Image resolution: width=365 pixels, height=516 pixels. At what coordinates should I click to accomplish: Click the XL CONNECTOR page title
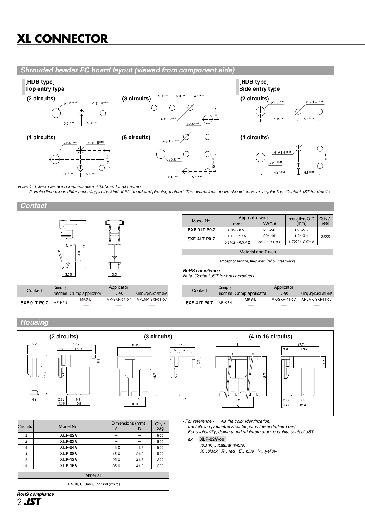coord(62,39)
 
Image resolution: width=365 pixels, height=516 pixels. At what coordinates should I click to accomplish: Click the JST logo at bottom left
coord(32,502)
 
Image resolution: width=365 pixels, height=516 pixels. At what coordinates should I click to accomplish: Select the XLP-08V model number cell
coord(69,454)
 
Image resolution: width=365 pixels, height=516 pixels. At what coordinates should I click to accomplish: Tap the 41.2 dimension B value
coord(140,466)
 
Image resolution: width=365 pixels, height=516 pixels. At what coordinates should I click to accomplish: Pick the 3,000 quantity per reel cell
coord(325,236)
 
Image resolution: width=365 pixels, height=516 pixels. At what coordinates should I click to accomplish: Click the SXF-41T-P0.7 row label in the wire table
coord(201,239)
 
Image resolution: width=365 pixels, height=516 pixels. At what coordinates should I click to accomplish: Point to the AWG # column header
coord(269,224)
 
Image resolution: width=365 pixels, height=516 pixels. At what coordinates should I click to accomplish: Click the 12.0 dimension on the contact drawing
coord(84,244)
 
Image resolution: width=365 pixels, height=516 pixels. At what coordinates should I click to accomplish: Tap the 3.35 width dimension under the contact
coord(68,274)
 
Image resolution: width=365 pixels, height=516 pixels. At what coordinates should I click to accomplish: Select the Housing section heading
coord(34,322)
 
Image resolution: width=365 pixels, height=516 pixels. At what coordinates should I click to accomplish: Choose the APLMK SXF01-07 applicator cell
coord(152,300)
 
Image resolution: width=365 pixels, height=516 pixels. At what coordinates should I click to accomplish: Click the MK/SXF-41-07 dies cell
coord(283,300)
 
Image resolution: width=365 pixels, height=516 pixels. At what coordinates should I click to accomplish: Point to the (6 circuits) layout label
coord(136,138)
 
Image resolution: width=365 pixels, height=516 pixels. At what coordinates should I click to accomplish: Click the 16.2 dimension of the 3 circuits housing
coord(135,345)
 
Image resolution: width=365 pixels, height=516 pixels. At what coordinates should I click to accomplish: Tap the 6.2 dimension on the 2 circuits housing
coord(34,344)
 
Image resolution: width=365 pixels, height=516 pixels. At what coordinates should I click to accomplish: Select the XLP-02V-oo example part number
coord(212,439)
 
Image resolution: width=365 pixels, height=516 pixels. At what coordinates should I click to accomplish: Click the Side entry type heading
coord(259,89)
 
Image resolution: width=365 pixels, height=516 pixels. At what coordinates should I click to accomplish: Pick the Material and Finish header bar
coord(258,252)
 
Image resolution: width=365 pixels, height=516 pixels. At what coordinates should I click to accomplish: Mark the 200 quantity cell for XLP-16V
coord(160,466)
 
